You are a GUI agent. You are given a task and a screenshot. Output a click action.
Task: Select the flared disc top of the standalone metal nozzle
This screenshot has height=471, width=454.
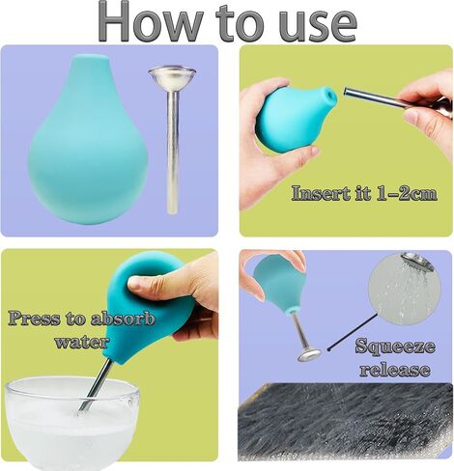pyautogui.click(x=172, y=75)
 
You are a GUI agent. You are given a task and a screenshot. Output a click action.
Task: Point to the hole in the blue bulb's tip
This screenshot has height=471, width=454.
pyautogui.click(x=330, y=95)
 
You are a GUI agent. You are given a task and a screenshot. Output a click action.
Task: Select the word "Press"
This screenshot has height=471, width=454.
pyautogui.click(x=34, y=319)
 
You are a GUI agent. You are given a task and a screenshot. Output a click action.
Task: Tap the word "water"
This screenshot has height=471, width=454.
pyautogui.click(x=81, y=342)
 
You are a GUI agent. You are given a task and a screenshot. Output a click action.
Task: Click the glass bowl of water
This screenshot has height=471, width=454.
pyautogui.click(x=72, y=423)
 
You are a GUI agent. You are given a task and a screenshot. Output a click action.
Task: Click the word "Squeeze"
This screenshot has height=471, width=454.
pyautogui.click(x=395, y=346)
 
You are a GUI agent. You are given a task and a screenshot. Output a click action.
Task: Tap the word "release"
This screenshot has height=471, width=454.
pyautogui.click(x=395, y=370)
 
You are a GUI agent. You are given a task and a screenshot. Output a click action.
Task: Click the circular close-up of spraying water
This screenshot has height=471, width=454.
pyautogui.click(x=405, y=289)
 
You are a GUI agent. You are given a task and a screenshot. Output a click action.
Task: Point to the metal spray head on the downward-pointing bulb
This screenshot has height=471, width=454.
pyautogui.click(x=309, y=355)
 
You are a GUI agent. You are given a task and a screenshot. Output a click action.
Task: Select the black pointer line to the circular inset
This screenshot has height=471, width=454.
pyautogui.click(x=353, y=332)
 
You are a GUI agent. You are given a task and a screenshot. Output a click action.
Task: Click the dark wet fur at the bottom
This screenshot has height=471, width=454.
pyautogui.click(x=345, y=422)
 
